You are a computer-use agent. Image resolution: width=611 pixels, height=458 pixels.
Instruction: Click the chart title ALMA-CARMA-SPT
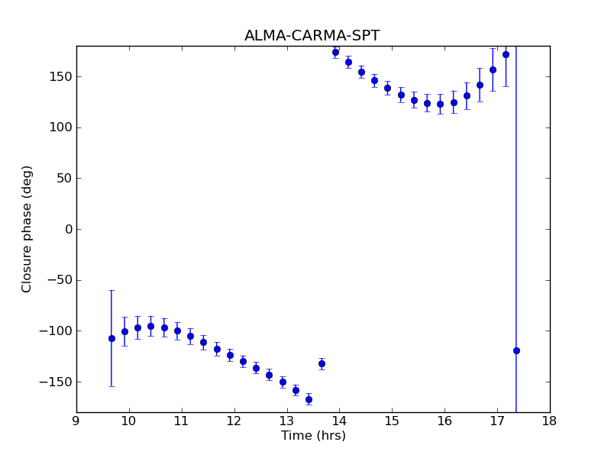(x=312, y=36)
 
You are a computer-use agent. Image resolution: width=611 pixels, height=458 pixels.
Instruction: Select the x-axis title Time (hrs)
(x=313, y=436)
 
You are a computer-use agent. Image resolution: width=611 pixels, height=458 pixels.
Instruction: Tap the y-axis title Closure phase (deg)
(x=27, y=229)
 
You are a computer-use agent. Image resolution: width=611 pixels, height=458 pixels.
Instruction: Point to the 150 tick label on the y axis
(x=61, y=77)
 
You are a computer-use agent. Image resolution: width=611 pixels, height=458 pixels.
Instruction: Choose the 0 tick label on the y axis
(x=68, y=229)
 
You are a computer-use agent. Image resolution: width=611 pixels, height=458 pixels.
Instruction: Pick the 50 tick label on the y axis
(x=64, y=179)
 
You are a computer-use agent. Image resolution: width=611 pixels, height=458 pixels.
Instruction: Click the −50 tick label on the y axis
(x=60, y=280)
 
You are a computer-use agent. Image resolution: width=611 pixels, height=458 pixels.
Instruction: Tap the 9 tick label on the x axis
(x=76, y=420)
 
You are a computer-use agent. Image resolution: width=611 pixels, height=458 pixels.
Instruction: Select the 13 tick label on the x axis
(x=286, y=420)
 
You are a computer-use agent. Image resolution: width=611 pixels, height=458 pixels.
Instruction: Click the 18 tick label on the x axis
(x=549, y=420)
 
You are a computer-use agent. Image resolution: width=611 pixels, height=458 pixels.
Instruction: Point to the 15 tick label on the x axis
(x=392, y=420)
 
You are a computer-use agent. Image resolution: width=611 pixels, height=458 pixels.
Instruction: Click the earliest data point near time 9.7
(x=112, y=338)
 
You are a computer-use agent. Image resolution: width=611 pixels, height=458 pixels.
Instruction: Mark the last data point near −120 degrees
(x=516, y=350)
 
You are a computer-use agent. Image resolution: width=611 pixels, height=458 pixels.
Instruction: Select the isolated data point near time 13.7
(x=322, y=363)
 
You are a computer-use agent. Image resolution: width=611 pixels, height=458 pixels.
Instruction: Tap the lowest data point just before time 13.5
(x=309, y=399)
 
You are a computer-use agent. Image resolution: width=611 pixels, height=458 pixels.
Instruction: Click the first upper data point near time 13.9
(x=335, y=52)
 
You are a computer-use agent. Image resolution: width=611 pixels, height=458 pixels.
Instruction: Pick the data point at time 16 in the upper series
(x=440, y=104)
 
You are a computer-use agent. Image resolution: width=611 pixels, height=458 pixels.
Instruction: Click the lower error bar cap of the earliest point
(x=112, y=386)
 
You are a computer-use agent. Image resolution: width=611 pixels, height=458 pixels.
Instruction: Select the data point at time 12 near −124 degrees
(x=230, y=355)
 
